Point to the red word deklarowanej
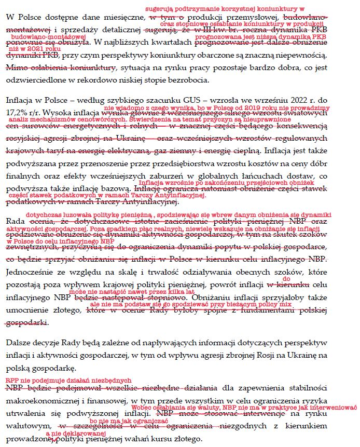[84, 433]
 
